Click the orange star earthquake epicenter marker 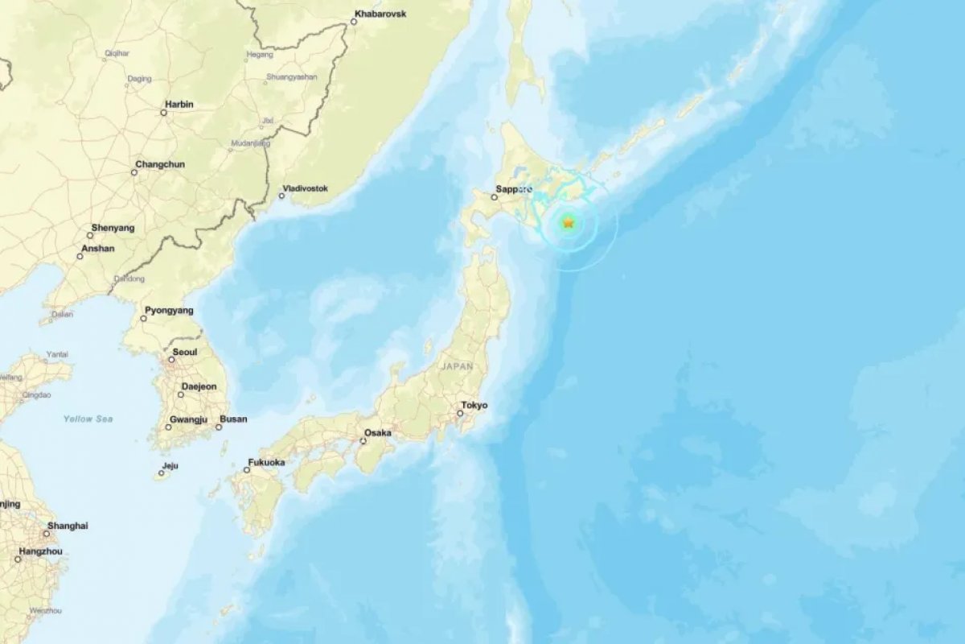[569, 223]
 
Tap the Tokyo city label [474, 406]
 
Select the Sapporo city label [515, 189]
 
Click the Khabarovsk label [383, 14]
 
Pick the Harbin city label [179, 105]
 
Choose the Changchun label [160, 164]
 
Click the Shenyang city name [113, 229]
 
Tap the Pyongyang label [169, 310]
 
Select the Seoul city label [184, 353]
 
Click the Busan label [233, 419]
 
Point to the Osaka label [378, 433]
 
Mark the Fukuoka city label [266, 462]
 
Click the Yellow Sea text [88, 419]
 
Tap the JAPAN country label [458, 366]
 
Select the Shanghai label [68, 526]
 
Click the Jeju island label [169, 465]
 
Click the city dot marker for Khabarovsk [353, 22]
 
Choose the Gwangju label [188, 419]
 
